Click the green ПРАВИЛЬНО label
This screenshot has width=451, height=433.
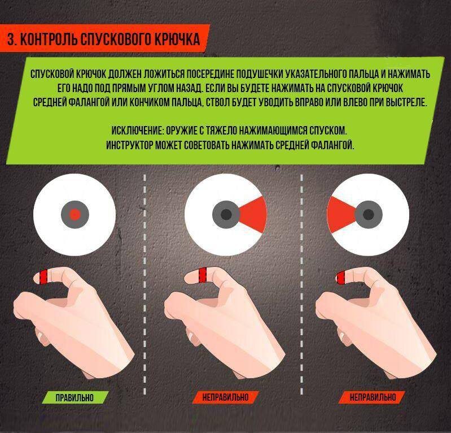[x=75, y=397]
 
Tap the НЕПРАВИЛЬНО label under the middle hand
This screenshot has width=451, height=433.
[x=225, y=397]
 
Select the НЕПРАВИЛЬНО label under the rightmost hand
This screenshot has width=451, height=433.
[x=373, y=397]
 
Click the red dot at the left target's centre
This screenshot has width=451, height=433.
[x=75, y=215]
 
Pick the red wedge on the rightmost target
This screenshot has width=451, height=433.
[x=341, y=215]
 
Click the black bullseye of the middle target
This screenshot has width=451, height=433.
[x=226, y=215]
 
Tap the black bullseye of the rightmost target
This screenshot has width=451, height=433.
[x=369, y=215]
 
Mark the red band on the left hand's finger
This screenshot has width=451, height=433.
[x=43, y=276]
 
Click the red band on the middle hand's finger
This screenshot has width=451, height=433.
[x=203, y=275]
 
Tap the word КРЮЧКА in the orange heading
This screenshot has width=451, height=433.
[x=177, y=39]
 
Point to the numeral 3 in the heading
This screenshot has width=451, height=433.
[x=11, y=39]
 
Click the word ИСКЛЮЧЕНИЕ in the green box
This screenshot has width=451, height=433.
[x=137, y=131]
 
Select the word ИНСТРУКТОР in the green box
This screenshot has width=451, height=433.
[x=129, y=145]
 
